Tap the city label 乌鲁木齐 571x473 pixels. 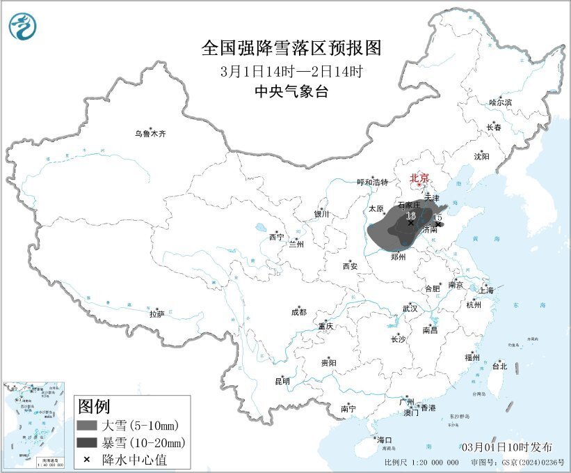point(151,134)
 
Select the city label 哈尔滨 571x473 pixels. point(499,102)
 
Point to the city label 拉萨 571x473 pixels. point(156,314)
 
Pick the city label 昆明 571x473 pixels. point(282,381)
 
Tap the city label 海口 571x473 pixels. point(385,440)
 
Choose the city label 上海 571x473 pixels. point(485,290)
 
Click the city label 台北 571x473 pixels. point(499,366)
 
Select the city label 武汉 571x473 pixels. point(410,308)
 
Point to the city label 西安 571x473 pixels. point(350,265)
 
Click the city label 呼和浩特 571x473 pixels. point(372,183)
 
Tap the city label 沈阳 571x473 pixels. point(481,157)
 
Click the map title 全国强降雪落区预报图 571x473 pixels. point(291,47)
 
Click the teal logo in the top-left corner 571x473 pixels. point(23,26)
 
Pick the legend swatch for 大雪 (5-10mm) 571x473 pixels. point(86,425)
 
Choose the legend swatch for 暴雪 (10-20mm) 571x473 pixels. point(86,442)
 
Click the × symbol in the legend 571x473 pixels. point(86,460)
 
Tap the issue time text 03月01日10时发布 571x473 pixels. point(507,447)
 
